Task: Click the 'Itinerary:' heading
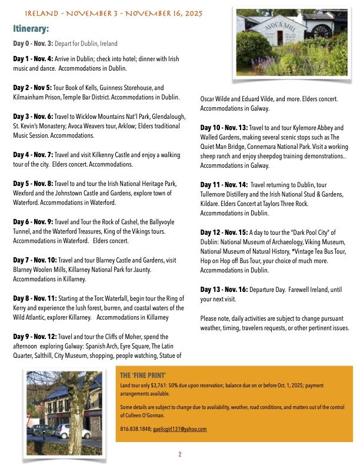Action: tap(31, 28)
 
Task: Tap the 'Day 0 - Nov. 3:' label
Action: tap(33, 44)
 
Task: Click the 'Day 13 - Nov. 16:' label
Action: tap(224, 290)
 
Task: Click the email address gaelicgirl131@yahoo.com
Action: tap(180, 429)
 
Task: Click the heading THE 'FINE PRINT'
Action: tap(143, 375)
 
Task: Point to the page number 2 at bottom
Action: tap(180, 454)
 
